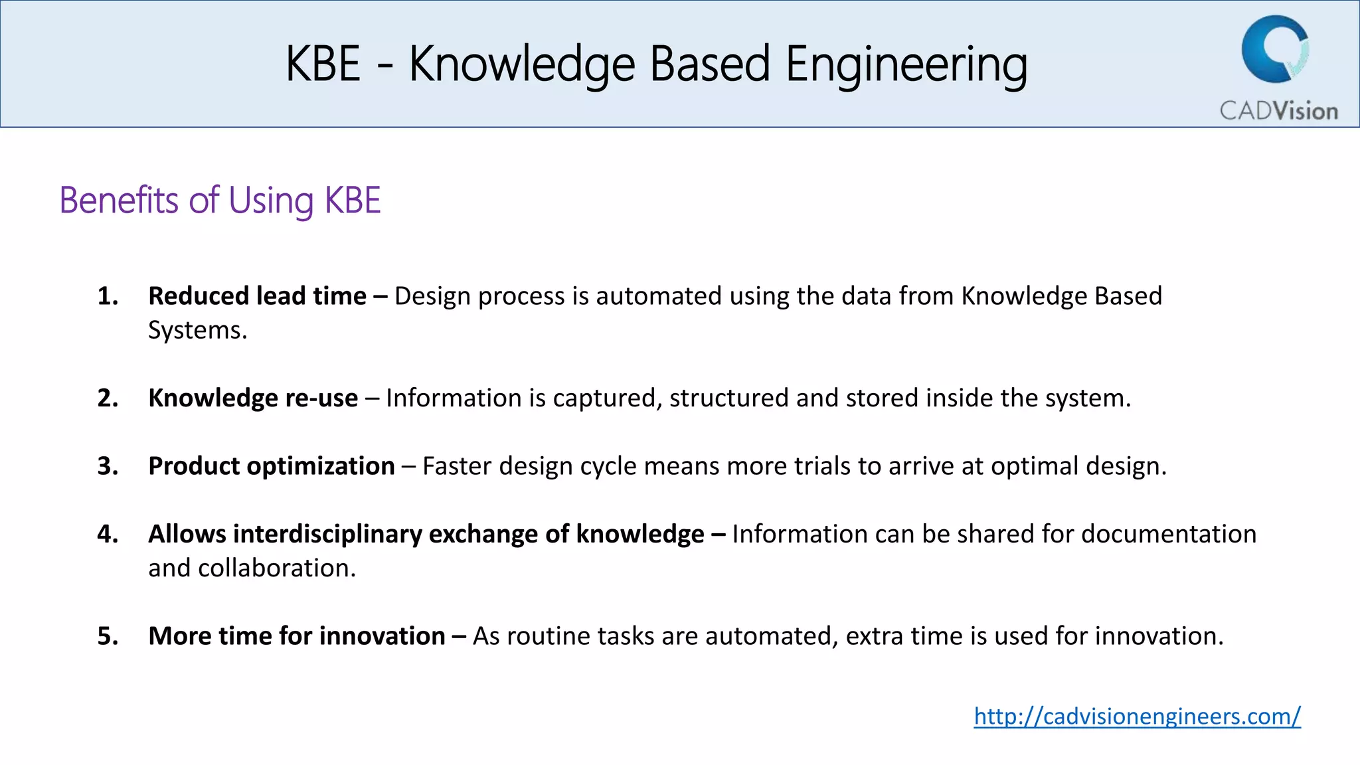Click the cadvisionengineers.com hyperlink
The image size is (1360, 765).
coord(1137,717)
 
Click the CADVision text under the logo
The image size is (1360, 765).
coord(1278,111)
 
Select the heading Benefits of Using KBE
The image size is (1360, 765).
coord(220,201)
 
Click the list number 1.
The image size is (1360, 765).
coord(108,296)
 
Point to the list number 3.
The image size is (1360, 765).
coord(108,466)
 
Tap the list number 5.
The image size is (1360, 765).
coord(108,636)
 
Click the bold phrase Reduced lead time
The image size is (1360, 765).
coord(257,296)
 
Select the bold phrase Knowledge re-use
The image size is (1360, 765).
coord(253,398)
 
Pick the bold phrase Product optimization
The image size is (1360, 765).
coord(272,466)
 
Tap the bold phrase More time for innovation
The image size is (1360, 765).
coord(297,636)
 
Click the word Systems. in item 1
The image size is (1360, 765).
coord(197,331)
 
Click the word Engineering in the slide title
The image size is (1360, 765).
coord(906,64)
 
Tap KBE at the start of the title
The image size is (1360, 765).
coord(323,64)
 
